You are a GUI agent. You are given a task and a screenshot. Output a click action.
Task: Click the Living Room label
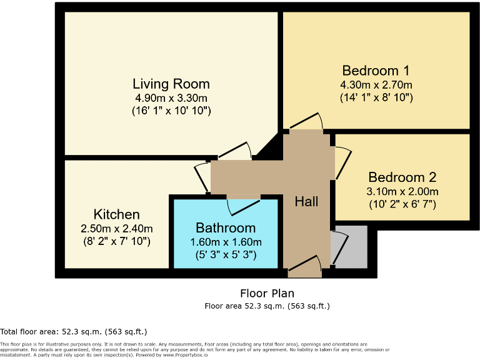click(x=171, y=84)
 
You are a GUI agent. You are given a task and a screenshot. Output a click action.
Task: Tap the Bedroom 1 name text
click(x=376, y=70)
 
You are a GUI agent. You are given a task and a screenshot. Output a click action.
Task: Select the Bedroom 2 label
click(x=402, y=177)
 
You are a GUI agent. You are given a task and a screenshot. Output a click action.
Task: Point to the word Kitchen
click(x=116, y=214)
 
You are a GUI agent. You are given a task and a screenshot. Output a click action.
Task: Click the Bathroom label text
click(x=225, y=227)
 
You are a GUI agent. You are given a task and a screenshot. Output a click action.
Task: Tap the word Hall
click(x=306, y=201)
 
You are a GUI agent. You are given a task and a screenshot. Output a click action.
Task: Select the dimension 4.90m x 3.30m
click(x=171, y=98)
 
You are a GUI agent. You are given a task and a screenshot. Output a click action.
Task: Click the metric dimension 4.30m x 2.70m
click(x=376, y=84)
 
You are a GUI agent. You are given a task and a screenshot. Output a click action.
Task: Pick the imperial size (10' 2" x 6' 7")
click(x=402, y=204)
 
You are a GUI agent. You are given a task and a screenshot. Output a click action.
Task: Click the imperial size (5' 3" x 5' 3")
click(x=226, y=255)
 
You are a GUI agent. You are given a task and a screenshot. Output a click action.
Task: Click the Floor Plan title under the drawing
click(x=267, y=293)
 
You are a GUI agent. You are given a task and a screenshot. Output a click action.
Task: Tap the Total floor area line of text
click(x=74, y=331)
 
